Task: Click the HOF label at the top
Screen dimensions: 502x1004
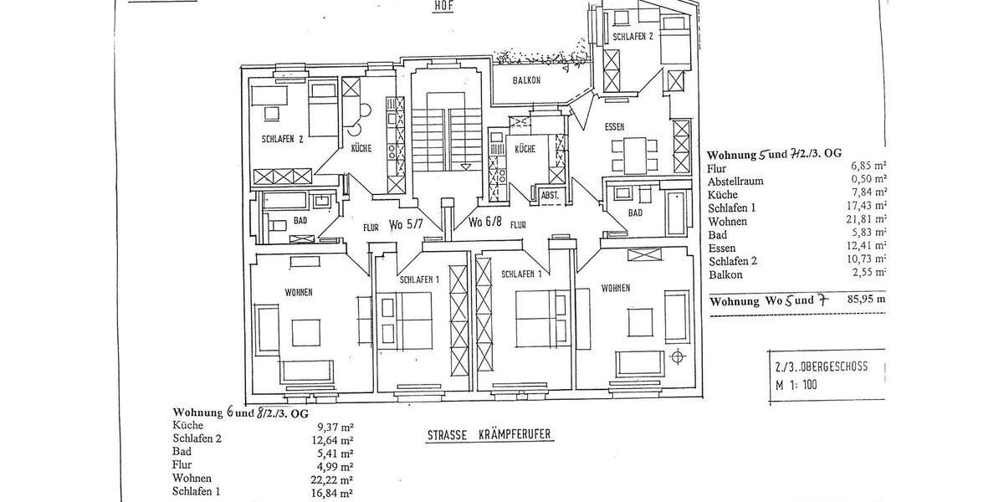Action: point(443,6)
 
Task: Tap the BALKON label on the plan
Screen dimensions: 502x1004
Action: point(527,81)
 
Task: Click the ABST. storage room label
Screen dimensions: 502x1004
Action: point(550,195)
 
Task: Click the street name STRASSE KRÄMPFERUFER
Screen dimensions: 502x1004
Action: point(484,435)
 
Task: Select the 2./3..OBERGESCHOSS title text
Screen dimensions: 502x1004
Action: point(821,366)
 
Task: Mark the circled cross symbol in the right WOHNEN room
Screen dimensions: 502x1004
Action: point(677,357)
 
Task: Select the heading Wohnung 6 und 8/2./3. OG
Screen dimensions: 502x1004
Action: point(241,412)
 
